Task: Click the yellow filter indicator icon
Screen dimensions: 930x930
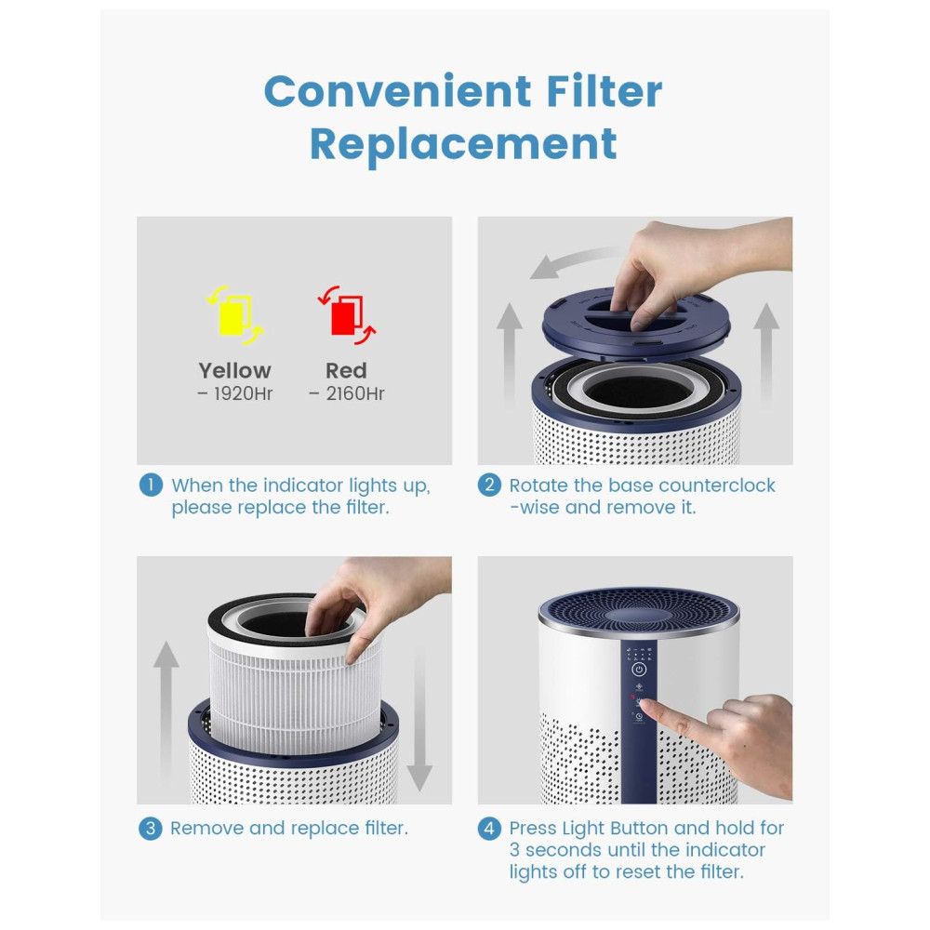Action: point(235,315)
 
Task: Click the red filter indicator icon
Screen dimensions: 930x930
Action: point(347,315)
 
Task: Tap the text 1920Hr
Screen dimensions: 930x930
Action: point(243,393)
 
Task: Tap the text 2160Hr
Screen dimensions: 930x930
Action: point(355,393)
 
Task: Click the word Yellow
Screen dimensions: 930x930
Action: point(235,371)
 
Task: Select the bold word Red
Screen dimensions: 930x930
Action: point(346,371)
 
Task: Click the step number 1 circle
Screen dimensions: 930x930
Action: point(151,485)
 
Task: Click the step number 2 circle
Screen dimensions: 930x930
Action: point(489,485)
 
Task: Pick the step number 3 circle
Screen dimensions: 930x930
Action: point(151,828)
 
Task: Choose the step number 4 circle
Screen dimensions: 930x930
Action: point(489,828)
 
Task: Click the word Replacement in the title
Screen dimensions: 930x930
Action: point(463,145)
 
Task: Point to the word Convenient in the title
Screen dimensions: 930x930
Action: point(397,91)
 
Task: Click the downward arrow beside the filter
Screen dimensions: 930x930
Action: point(419,718)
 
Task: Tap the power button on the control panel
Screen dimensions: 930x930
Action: point(639,670)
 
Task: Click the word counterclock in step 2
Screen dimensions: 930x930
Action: point(716,485)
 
